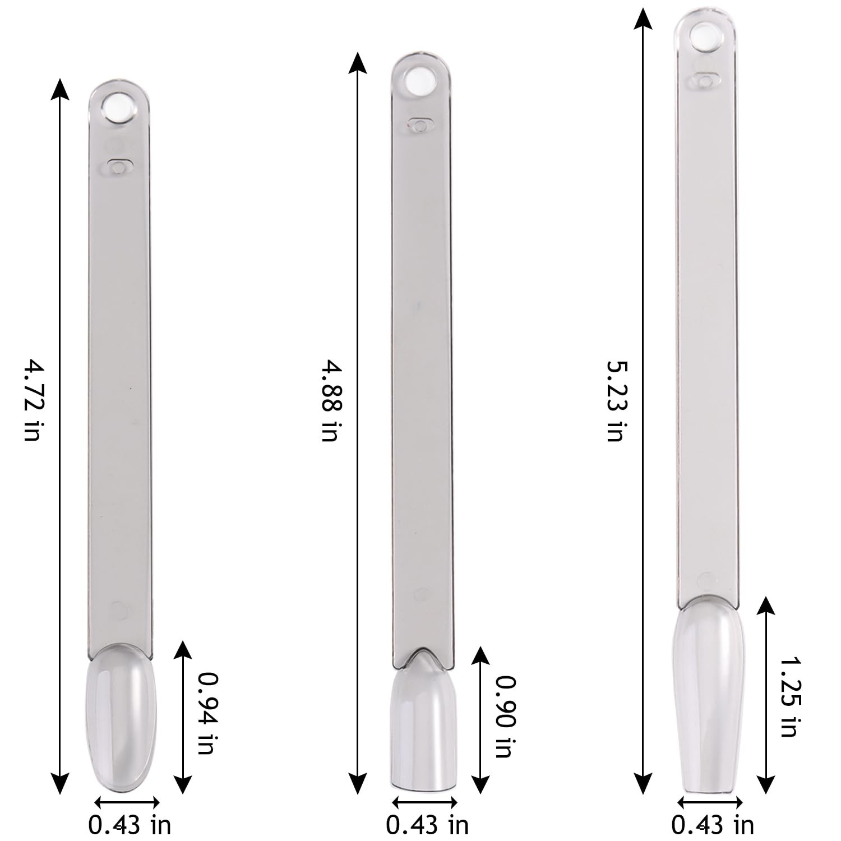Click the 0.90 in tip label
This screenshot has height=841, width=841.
504,716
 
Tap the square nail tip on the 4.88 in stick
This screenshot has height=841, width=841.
423,723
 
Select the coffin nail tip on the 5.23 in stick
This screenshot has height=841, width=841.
709,695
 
